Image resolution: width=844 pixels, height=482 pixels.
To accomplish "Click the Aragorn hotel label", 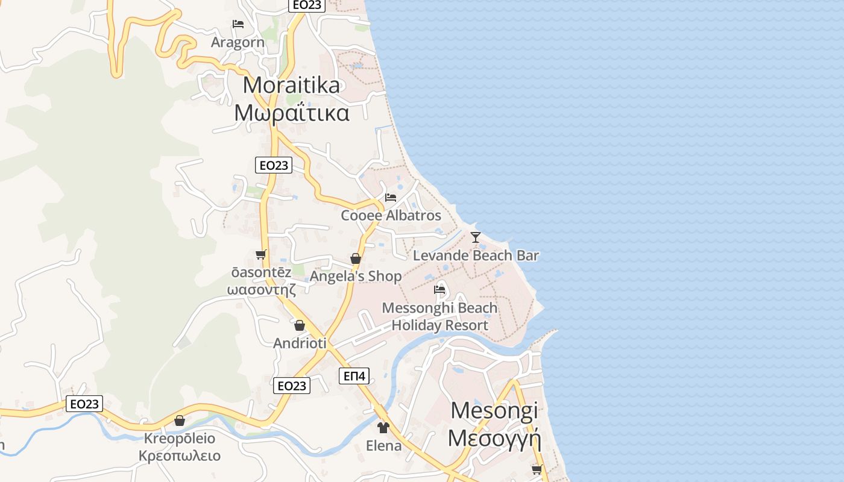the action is coord(238,42).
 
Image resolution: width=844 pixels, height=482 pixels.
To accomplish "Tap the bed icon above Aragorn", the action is coord(238,24).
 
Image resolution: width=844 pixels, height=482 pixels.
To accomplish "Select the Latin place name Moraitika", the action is coord(291,85).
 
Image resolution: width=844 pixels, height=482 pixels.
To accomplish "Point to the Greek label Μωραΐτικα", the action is coord(291,113).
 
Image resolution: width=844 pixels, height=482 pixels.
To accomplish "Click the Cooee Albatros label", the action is coord(391,215).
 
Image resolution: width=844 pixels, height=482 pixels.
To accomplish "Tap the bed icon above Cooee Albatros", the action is coord(391,197).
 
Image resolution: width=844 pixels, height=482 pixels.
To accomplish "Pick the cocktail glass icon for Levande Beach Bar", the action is coord(476,237).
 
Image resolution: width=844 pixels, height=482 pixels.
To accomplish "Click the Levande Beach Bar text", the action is coord(476,255).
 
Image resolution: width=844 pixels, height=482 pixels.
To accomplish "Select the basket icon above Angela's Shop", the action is coord(356,258).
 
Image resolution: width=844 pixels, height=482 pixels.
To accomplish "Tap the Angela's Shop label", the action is coord(356,277).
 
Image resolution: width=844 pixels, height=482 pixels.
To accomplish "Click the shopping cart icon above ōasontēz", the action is coord(261,254).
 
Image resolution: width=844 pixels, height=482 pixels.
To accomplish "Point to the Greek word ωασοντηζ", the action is coord(261,290).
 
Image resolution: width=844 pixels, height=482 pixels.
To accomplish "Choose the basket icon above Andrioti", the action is coord(300,326).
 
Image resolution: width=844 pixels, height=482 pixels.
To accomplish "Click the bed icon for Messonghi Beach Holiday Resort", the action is coord(439,290).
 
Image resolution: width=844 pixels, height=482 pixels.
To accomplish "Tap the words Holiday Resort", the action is coord(440,325).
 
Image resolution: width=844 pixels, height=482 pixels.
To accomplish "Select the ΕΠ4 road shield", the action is coord(354,377).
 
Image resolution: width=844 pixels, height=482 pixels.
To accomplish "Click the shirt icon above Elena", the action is coord(383,428).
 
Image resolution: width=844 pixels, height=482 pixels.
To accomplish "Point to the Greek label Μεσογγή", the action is coord(494,438).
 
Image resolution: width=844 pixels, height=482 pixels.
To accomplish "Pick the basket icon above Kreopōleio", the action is coord(180,421).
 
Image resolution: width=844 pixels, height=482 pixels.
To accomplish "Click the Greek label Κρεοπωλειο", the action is coord(180,455).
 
